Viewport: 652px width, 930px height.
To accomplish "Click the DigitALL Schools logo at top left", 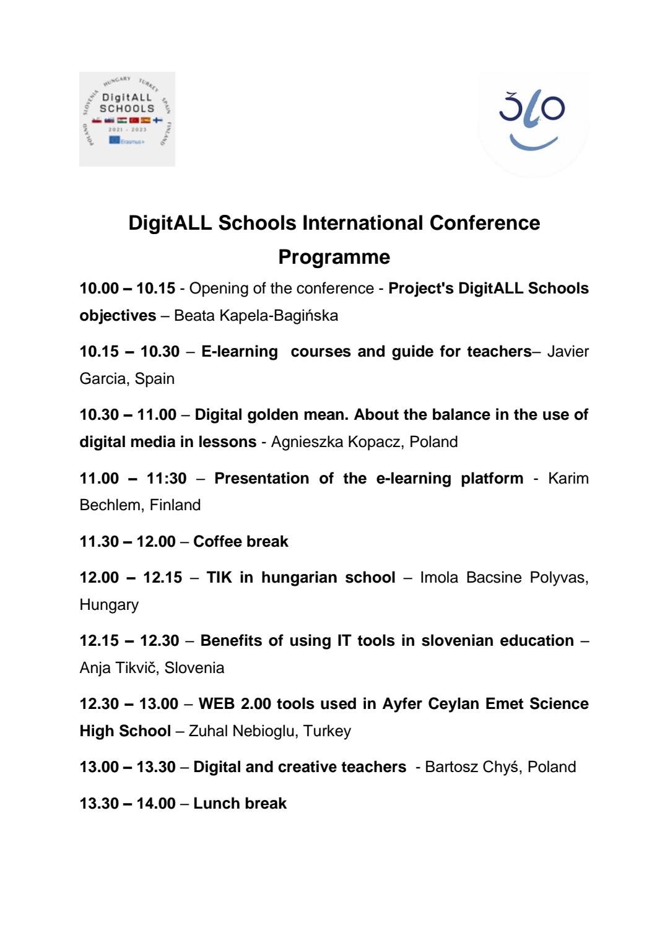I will tap(127, 119).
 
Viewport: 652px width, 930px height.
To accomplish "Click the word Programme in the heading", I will tap(334, 257).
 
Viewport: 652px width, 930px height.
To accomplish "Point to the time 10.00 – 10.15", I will tap(128, 289).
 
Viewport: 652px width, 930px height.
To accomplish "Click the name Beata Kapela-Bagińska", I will tap(256, 316).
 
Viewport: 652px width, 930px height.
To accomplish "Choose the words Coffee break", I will tap(241, 542).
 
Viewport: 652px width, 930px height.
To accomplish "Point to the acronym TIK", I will tap(219, 578).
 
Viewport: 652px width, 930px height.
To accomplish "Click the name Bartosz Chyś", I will tap(471, 767).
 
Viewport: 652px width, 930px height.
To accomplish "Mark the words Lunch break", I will tap(240, 804).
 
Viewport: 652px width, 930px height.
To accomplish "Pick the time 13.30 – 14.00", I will tap(128, 804).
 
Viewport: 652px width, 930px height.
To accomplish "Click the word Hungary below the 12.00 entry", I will tap(109, 605).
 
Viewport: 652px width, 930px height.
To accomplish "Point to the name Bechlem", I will tap(110, 505).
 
